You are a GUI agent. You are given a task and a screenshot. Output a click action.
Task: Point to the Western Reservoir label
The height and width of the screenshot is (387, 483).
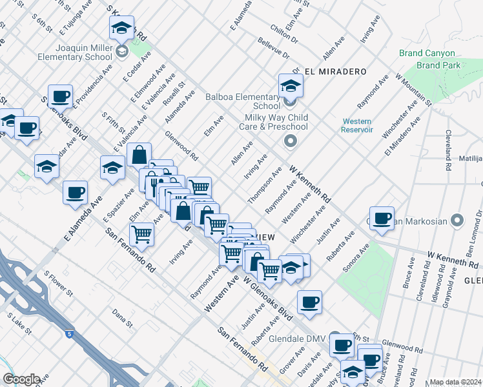[x=357, y=125]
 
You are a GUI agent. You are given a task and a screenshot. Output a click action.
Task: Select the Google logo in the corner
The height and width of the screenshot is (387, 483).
[x=21, y=379]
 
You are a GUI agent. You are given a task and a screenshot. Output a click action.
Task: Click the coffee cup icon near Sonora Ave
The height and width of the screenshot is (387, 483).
[x=382, y=217]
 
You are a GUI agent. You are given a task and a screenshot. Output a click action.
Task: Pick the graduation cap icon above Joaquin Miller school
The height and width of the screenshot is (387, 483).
[x=121, y=28]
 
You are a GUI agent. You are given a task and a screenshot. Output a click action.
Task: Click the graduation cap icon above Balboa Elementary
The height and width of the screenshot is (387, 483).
[x=291, y=85]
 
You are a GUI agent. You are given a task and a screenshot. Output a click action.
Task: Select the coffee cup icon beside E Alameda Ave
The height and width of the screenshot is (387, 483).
[x=75, y=192]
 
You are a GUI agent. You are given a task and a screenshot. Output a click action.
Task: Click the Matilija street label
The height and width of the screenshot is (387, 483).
[x=471, y=157]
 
